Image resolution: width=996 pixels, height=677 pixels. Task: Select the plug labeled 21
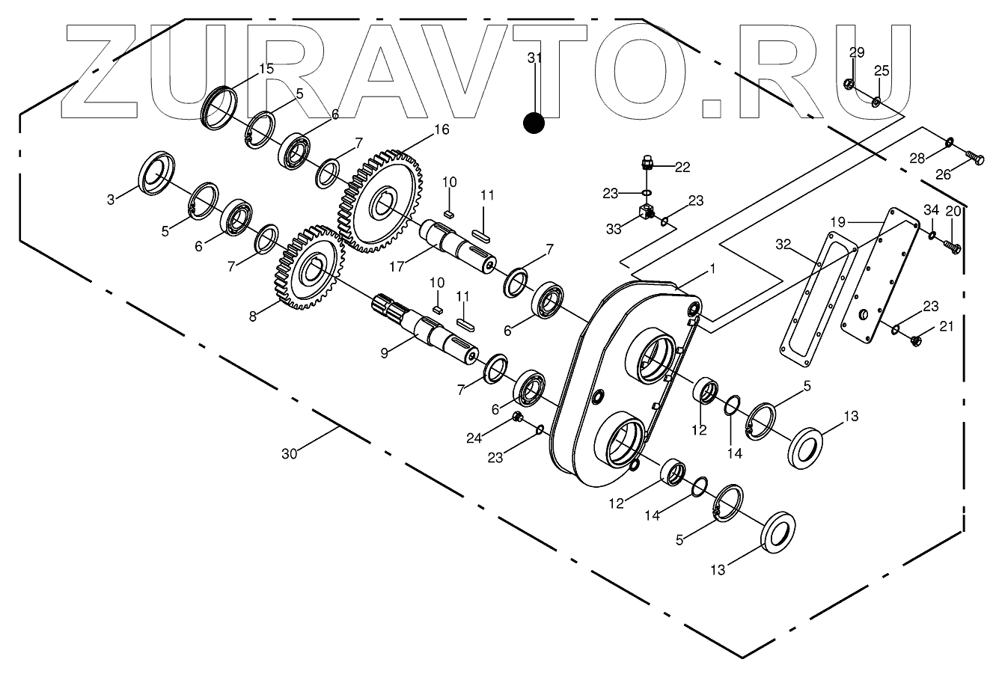(916, 341)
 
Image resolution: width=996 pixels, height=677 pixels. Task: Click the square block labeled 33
(644, 214)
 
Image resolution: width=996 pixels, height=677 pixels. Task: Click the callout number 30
(290, 453)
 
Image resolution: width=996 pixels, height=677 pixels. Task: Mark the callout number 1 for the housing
(712, 269)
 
